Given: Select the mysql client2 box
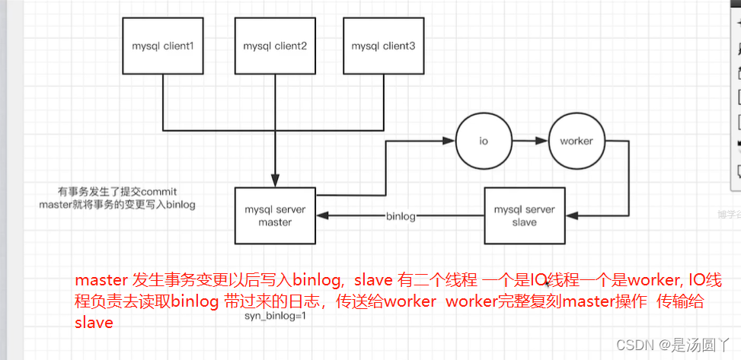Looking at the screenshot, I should click(274, 47).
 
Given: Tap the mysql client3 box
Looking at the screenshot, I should click(383, 47).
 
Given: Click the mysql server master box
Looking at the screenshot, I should click(274, 215).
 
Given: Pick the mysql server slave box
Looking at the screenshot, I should click(524, 215).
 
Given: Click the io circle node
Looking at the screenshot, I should click(483, 142).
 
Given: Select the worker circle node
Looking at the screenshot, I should click(576, 142).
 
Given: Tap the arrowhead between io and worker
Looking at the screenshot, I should click(543, 142).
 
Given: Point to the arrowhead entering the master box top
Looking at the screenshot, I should click(274, 181).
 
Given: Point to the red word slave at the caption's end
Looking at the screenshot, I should click(94, 322).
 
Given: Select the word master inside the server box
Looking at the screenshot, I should click(274, 222).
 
